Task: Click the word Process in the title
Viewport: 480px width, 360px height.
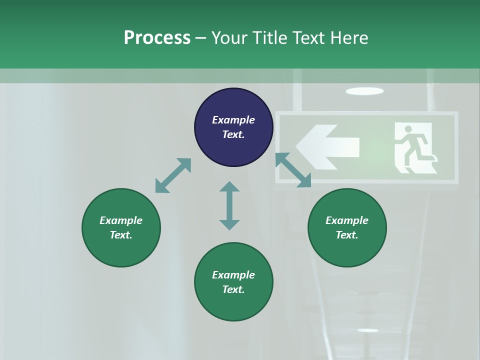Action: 157,38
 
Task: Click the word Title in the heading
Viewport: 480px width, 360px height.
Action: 268,38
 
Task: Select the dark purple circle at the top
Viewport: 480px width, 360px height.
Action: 233,127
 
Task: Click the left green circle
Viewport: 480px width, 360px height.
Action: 121,227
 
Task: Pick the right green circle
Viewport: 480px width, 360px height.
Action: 347,227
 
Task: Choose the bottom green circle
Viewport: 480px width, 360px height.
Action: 233,282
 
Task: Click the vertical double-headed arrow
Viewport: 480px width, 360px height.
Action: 229,205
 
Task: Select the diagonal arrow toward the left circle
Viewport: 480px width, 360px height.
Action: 173,175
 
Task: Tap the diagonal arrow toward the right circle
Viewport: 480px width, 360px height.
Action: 293,170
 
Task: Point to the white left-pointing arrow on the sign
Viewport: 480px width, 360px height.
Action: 327,146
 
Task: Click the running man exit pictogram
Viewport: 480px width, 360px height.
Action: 413,148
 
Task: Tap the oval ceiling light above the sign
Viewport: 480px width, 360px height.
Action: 364,91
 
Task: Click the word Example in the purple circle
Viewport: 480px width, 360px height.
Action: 233,120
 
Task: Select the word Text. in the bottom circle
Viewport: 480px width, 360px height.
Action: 233,289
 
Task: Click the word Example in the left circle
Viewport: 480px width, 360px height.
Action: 121,220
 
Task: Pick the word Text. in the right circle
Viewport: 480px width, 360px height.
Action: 347,235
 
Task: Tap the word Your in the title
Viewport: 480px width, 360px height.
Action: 228,38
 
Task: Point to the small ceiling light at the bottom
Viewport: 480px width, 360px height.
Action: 367,330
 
